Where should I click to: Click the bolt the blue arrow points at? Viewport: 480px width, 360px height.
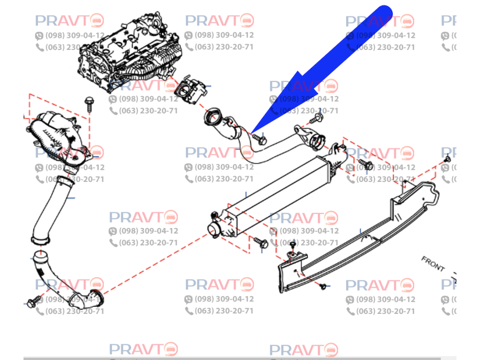(261, 140)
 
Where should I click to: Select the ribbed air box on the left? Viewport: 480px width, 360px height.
(57, 139)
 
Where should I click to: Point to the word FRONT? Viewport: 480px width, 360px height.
(433, 263)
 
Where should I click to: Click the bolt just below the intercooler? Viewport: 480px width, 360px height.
(261, 243)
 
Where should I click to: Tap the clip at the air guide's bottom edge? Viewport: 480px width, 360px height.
(323, 287)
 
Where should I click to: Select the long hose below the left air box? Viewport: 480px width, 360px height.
(48, 209)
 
